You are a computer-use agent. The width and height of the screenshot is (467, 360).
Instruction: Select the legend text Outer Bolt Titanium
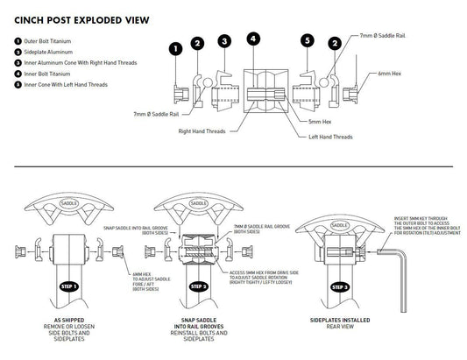click(x=48, y=41)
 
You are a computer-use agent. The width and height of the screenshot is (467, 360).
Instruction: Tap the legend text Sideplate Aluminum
click(x=47, y=53)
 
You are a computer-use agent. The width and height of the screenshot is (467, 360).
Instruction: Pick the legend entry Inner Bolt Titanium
click(x=47, y=73)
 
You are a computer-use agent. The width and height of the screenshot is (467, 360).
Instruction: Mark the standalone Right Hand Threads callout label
click(x=202, y=131)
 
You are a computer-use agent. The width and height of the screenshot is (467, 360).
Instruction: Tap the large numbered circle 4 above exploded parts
click(x=253, y=39)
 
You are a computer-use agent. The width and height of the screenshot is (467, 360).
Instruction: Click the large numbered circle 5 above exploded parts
click(x=307, y=41)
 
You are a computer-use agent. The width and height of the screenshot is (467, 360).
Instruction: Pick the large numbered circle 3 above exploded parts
click(x=225, y=41)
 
